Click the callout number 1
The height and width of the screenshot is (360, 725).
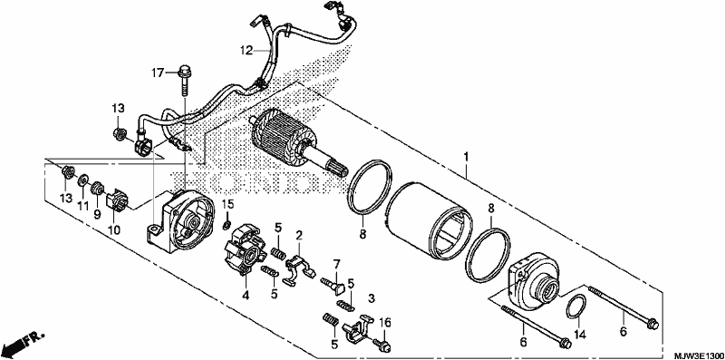pos(466,158)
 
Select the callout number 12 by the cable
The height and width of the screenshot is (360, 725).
pos(246,51)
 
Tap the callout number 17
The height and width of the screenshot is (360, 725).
pos(158,73)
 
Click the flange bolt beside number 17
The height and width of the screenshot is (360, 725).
pos(185,81)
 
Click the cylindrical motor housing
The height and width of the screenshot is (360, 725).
pos(429,219)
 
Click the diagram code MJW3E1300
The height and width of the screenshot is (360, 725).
pos(699,355)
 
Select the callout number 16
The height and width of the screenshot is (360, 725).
pos(386,322)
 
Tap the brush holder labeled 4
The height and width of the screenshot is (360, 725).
pos(245,250)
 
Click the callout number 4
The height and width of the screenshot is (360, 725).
pos(246,295)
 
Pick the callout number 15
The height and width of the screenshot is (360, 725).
pos(228,204)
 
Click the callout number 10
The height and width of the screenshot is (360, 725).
pos(114,230)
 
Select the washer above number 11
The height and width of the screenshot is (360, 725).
pos(83,180)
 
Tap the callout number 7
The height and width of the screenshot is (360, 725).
pos(336,265)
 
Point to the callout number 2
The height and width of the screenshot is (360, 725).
pos(299,236)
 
